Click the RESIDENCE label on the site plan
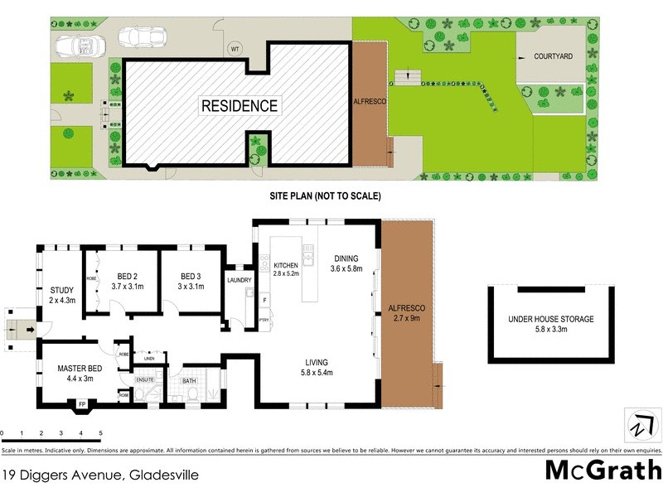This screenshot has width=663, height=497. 240,106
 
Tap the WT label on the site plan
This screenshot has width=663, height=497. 235,49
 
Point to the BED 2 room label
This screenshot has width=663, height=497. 128,281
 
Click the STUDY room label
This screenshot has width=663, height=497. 61,295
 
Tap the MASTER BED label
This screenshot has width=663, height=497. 79,373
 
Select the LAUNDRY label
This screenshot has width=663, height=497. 239,280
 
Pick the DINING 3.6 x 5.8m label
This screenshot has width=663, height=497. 347,263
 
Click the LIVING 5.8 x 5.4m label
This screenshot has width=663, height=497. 316,367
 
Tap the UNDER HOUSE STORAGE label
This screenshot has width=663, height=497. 551,324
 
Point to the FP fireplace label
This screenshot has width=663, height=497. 81,404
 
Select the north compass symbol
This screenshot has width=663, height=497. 639,427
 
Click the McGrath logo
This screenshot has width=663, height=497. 603,470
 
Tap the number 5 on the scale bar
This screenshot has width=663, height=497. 100,433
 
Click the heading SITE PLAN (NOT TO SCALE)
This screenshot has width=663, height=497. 324,196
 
